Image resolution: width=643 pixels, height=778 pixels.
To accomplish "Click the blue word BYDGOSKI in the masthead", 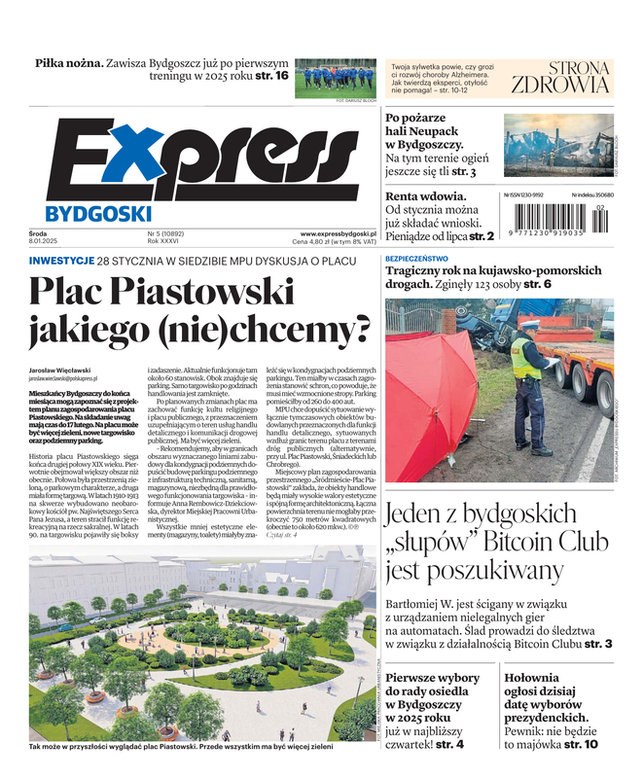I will point(97,213).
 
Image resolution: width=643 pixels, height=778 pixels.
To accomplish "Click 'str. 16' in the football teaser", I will point(271,76).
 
